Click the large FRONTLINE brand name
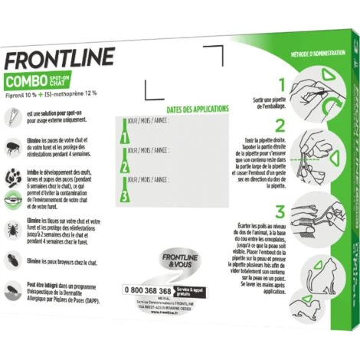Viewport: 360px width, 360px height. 60,58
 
